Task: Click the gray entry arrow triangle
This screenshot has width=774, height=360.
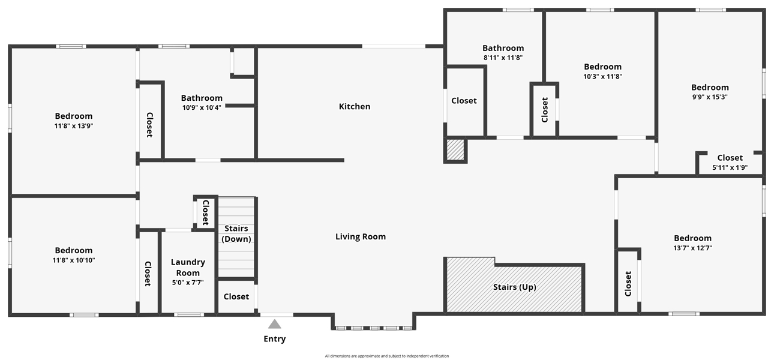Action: coord(275,324)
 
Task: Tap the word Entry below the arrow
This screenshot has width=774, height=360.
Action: coord(275,339)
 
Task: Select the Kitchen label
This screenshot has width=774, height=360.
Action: coord(355,106)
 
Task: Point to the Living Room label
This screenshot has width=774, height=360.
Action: coord(361,236)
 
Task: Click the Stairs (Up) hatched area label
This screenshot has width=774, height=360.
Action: coord(515,287)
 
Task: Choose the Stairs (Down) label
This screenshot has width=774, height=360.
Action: coord(236,233)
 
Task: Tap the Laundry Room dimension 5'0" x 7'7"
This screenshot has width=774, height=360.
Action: coord(188,283)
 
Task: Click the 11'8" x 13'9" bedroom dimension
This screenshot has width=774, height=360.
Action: coord(74,126)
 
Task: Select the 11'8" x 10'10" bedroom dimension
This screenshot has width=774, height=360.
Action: coord(74,260)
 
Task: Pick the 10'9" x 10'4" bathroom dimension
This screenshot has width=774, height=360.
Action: coord(202,107)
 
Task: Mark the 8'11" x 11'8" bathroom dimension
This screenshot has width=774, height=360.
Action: coord(503,58)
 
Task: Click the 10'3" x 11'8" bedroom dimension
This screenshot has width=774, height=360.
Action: coord(603,76)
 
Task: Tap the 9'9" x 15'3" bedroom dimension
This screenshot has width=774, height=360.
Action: coord(710,97)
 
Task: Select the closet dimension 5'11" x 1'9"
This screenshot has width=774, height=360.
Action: coord(730,167)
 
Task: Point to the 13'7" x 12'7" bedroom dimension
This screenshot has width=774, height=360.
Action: coord(693,248)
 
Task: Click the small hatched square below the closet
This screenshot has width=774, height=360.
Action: coord(455,149)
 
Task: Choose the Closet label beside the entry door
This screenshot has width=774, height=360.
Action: coord(236,296)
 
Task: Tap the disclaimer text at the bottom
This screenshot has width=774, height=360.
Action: coord(386,356)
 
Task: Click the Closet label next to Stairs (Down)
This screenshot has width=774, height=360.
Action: coord(206,212)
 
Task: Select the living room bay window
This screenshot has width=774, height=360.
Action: coord(374,328)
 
